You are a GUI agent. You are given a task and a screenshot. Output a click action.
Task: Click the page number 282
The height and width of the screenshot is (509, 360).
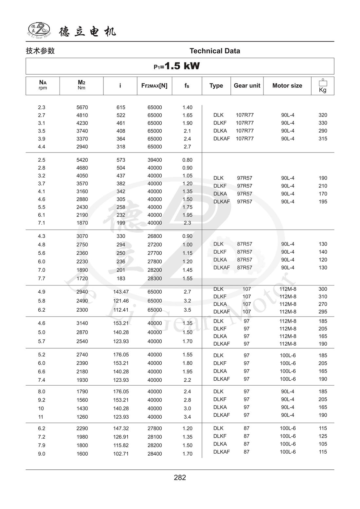point(180,478)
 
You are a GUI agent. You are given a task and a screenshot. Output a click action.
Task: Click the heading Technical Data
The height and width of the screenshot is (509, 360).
point(215,51)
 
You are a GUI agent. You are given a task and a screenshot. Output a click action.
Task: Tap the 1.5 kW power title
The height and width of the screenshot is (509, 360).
point(177,66)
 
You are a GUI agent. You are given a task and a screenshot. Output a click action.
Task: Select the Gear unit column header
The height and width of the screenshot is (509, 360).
point(247,85)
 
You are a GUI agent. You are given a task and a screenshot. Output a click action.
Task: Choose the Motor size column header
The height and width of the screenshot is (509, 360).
point(287,85)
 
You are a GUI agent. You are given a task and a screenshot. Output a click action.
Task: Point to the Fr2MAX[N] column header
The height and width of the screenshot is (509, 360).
point(154,85)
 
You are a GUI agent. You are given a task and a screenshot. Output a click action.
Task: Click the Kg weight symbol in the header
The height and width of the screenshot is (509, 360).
point(323,86)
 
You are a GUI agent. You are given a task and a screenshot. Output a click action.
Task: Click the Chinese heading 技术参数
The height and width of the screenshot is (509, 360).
point(40,51)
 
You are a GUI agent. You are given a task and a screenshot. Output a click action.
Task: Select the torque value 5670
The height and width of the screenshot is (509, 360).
point(82,107)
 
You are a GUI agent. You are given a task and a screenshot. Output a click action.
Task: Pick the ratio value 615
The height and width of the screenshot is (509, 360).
point(121,107)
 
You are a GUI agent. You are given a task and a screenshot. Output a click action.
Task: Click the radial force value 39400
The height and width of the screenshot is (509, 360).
point(154,160)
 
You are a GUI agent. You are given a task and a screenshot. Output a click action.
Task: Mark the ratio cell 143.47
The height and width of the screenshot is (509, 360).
point(121,292)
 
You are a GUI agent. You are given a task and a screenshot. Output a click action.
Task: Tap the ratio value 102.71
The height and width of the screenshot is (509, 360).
point(121,454)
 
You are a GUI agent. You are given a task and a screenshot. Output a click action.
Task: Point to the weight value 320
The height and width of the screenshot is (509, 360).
point(323,115)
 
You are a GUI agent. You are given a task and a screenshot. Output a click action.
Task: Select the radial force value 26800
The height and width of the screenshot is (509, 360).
point(154,236)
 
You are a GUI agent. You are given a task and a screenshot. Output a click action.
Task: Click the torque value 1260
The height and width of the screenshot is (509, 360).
point(82,417)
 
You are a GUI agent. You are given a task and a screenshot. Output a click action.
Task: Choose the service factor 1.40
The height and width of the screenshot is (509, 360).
point(187,107)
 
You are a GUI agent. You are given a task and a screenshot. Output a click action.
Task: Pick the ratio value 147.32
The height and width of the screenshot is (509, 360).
point(121,428)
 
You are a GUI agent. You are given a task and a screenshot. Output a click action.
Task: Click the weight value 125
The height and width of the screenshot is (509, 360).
point(323,436)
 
